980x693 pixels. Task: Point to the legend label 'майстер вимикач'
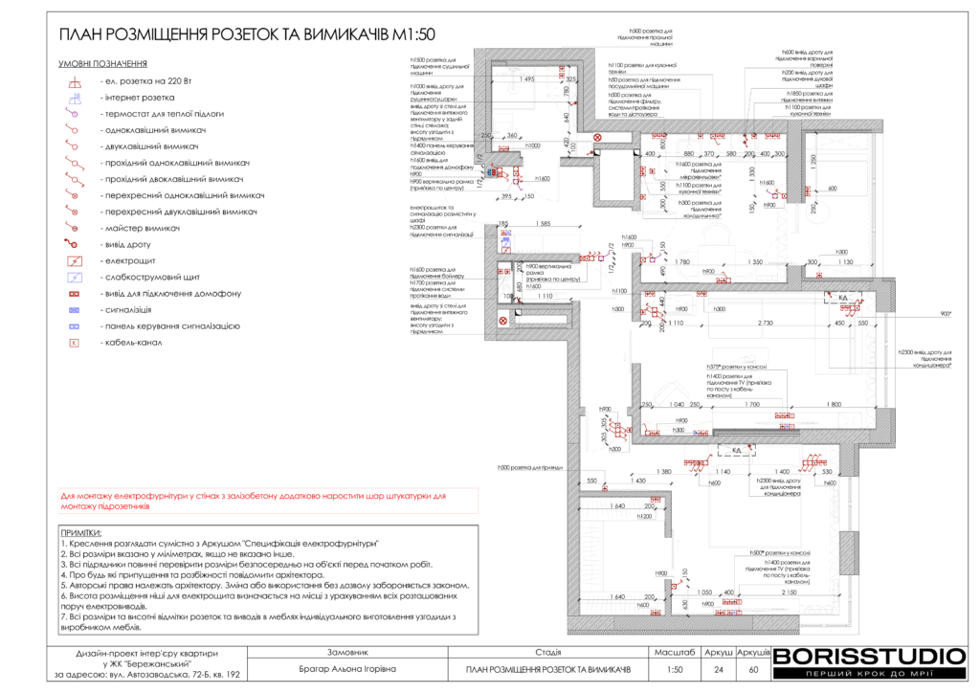click(142, 228)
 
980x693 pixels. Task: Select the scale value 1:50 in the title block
click(675, 669)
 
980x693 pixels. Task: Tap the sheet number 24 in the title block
click(718, 669)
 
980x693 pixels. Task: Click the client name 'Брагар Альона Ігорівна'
click(346, 669)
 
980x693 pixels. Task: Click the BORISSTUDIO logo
click(869, 658)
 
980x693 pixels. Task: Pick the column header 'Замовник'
click(346, 651)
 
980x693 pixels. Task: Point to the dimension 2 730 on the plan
click(766, 324)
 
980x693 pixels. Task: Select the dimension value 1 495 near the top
click(527, 79)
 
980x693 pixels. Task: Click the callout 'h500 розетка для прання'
click(528, 468)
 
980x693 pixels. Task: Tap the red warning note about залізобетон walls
click(254, 501)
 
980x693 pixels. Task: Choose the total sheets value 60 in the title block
click(753, 669)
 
